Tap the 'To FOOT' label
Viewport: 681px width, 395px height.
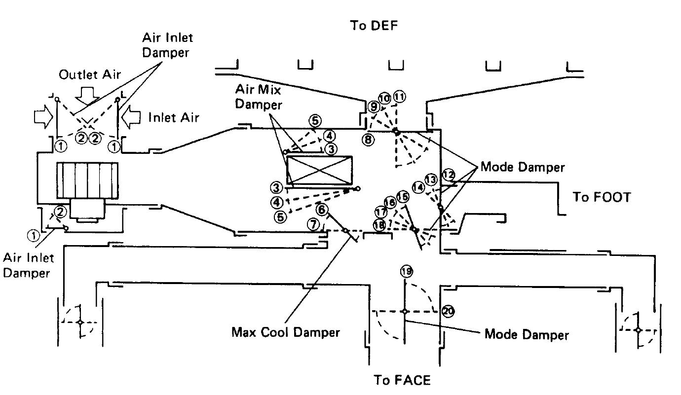coord(602,197)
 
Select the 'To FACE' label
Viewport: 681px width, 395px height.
coord(402,380)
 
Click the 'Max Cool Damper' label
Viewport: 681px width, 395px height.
coord(286,332)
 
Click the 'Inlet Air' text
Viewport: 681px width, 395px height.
coord(173,117)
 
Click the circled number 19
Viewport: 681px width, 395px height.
coord(407,271)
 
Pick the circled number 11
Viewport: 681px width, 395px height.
coord(399,97)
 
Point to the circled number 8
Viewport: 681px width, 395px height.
coord(367,140)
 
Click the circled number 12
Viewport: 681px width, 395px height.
coord(448,174)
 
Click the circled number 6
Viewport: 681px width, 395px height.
coord(321,209)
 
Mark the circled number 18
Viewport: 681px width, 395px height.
coord(379,225)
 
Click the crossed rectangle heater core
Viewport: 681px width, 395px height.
coord(319,170)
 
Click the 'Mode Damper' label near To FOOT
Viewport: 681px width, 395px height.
coord(522,167)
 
